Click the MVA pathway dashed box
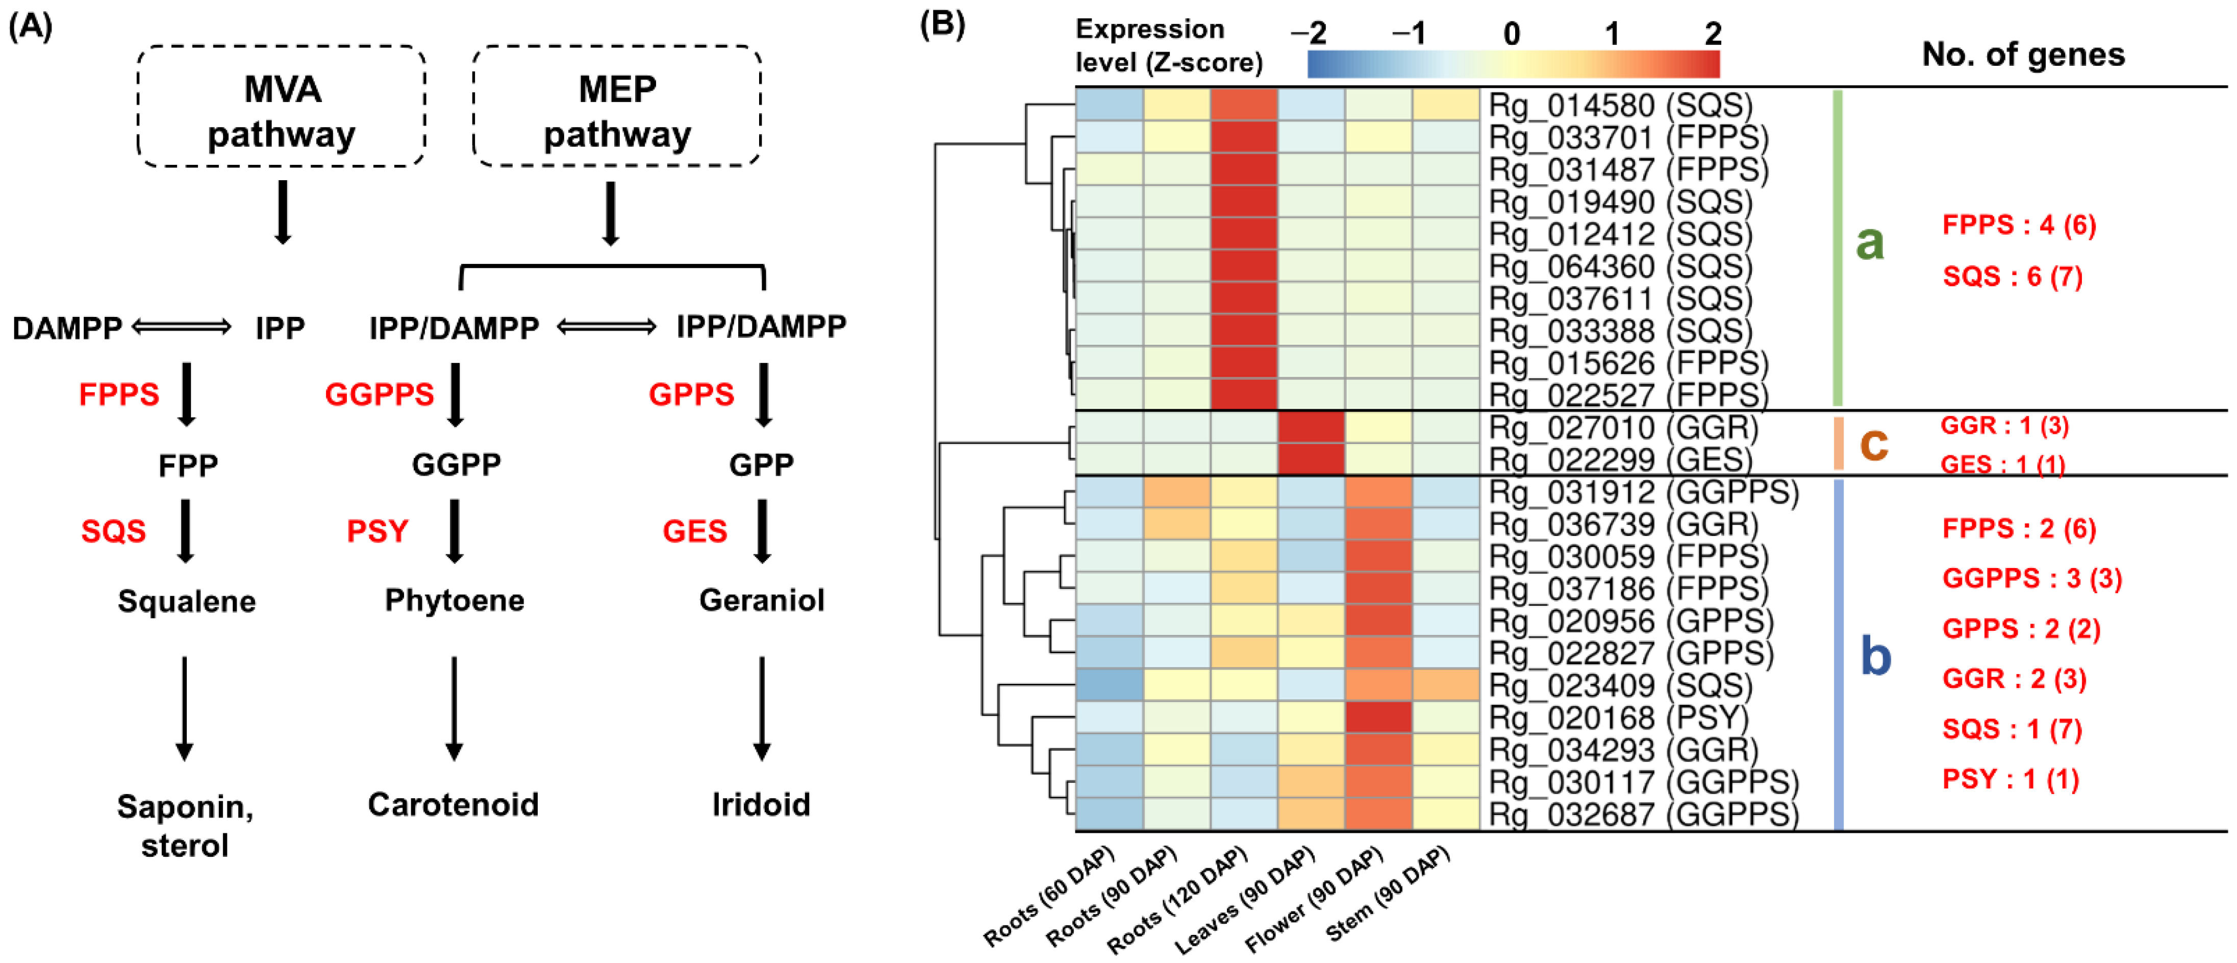point(282,107)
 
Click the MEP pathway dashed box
point(617,107)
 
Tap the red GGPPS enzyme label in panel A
point(380,395)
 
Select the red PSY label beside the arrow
point(378,531)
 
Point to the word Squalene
point(187,601)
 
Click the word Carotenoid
point(454,805)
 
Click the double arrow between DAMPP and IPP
point(182,327)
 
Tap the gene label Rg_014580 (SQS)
point(1620,105)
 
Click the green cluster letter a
point(1870,242)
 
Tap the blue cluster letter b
point(1876,656)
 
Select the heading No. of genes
point(2023,55)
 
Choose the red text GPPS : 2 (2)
point(2021,629)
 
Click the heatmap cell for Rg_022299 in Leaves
point(1311,459)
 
